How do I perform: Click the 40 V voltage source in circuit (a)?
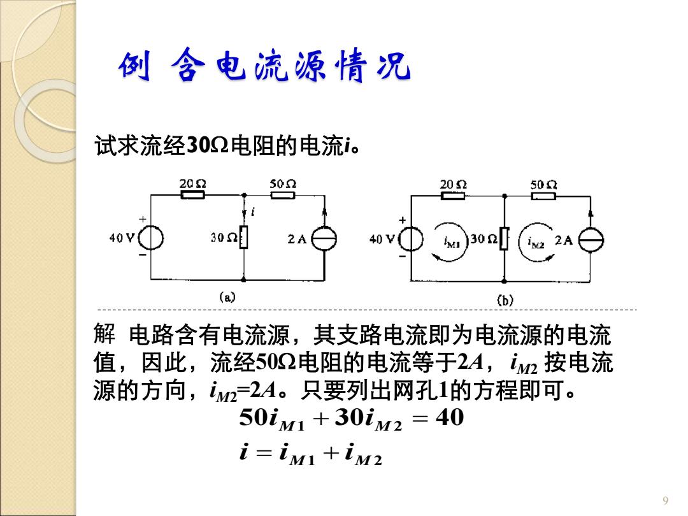[x=151, y=239]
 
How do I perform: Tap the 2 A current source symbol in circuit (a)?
[x=324, y=239]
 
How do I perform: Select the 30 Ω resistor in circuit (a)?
[x=243, y=238]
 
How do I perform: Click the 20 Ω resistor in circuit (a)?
[x=192, y=195]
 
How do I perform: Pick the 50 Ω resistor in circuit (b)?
[x=543, y=196]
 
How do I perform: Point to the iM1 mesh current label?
[x=452, y=241]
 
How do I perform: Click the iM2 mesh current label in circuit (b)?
[x=536, y=242]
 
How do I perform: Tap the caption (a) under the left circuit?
[x=227, y=297]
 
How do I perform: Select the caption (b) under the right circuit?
[x=505, y=301]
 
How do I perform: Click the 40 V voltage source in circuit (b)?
[x=411, y=240]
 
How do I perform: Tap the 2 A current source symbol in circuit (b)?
[x=591, y=240]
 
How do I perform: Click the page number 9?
[x=666, y=501]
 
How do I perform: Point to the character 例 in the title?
[x=134, y=66]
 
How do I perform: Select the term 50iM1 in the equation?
[x=272, y=419]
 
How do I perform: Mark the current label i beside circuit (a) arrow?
[x=253, y=211]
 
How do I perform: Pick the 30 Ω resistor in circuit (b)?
[x=504, y=239]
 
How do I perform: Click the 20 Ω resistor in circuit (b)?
[x=453, y=196]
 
